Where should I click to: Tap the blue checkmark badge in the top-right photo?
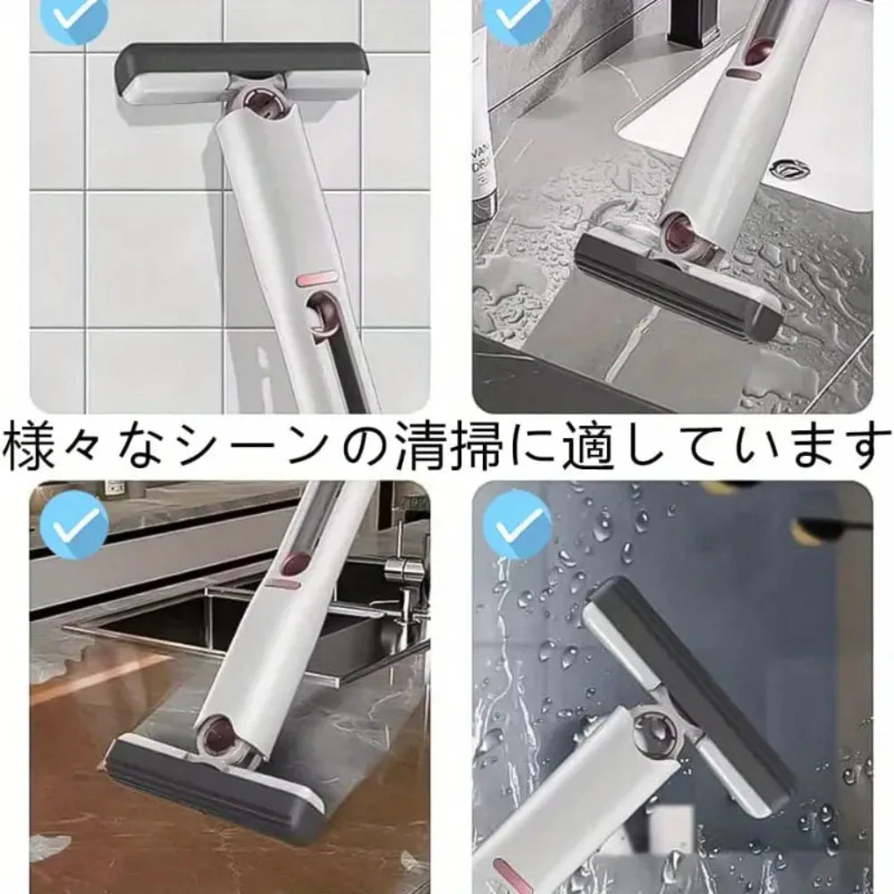coord(515,13)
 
